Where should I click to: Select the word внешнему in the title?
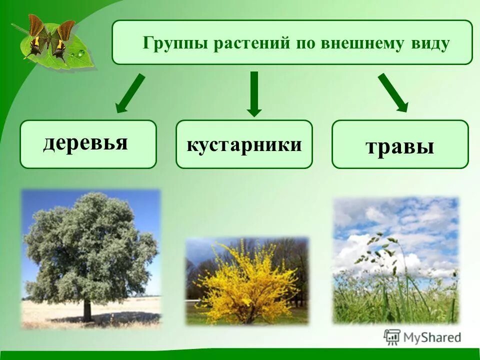point(362,43)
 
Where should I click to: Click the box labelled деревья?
point(88,144)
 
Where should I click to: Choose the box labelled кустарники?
point(244,144)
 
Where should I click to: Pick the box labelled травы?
point(400,144)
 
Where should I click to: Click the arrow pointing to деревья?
point(130,93)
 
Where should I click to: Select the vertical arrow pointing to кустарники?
point(254,94)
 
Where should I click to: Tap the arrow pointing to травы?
point(393,93)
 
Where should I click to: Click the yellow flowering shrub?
point(246,283)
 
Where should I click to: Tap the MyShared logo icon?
point(392,337)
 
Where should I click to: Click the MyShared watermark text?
point(432,337)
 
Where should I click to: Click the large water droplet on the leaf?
point(81,53)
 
